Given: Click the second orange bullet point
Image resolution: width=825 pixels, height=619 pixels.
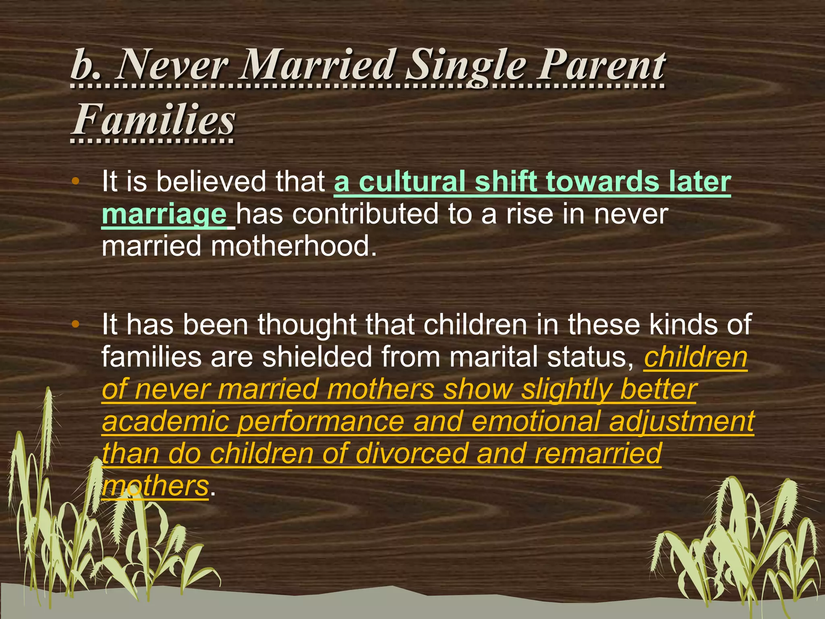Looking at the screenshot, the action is click(75, 324).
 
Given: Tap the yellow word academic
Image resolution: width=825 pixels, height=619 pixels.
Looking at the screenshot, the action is click(165, 422).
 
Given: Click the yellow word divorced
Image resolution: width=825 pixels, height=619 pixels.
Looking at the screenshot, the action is click(411, 454).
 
